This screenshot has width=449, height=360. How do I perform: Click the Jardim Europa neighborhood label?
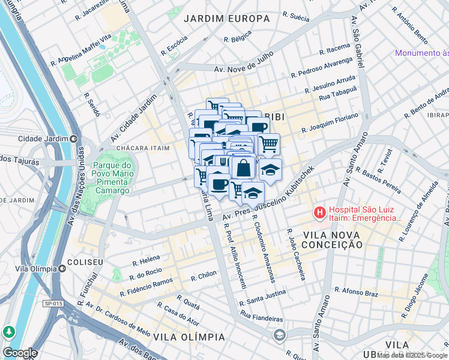(x=226, y=19)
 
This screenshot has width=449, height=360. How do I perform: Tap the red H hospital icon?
(x=319, y=212)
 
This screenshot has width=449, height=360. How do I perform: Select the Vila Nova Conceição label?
(x=333, y=239)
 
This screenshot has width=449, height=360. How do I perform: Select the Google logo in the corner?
(x=20, y=353)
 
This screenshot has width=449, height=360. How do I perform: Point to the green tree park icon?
(x=9, y=332)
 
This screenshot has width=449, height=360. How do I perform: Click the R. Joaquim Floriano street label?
(x=330, y=122)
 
